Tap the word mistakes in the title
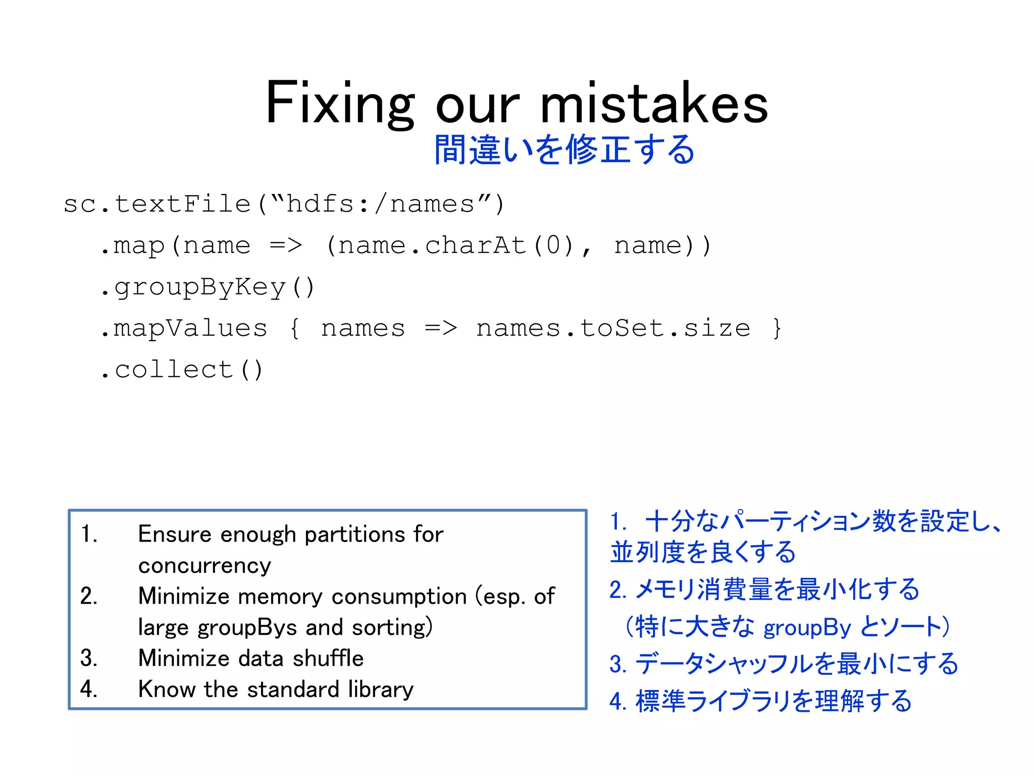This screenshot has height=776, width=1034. point(654,104)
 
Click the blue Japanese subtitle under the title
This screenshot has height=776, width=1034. point(564,150)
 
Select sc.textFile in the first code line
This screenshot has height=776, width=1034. point(157,204)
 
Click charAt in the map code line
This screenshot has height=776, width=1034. point(476,246)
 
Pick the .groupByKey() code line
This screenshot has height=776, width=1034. point(207,287)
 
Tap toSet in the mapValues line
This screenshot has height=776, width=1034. point(622,328)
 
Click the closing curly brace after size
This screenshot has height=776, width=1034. point(777,328)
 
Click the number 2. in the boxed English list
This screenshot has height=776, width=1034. point(89,597)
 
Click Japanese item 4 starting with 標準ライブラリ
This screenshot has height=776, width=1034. point(760,701)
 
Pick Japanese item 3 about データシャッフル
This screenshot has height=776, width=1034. point(784,664)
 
